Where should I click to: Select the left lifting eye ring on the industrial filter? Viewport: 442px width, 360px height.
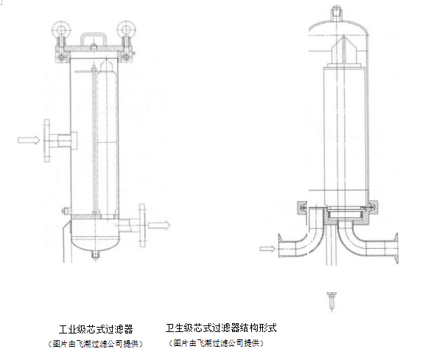[x=60, y=32]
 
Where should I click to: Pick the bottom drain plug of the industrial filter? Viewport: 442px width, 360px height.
[x=97, y=255]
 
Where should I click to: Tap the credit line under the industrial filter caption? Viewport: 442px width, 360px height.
[x=95, y=344]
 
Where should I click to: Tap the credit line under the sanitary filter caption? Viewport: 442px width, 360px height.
[x=217, y=343]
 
